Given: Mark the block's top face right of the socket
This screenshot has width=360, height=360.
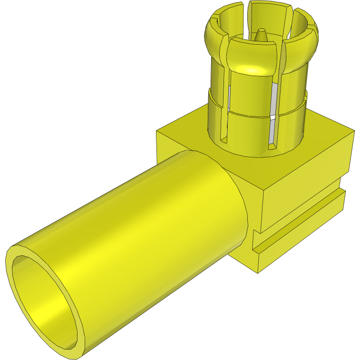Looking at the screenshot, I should tap(323, 138).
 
